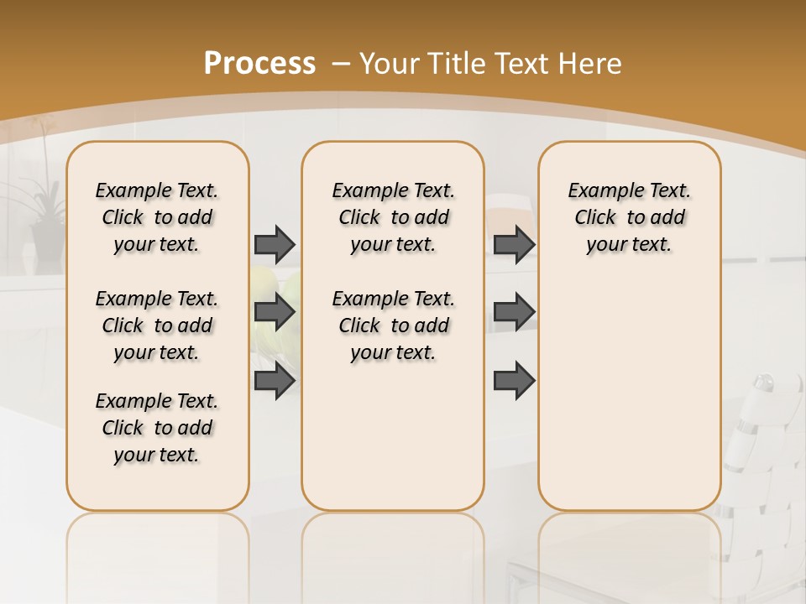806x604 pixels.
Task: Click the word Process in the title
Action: [x=259, y=63]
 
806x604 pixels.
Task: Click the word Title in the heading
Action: [x=458, y=63]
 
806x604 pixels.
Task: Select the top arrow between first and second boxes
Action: [x=275, y=244]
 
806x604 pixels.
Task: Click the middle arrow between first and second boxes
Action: [x=275, y=312]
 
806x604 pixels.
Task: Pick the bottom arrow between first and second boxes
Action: [x=275, y=380]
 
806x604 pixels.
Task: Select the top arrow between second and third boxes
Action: [x=514, y=244]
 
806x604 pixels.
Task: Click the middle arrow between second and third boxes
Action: [x=514, y=312]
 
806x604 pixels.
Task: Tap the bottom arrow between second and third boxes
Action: [x=514, y=380]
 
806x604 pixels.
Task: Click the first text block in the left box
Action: [x=157, y=217]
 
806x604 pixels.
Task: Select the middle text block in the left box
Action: [x=157, y=325]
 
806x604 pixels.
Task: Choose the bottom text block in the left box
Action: [x=157, y=428]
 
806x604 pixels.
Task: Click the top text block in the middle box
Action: [x=393, y=217]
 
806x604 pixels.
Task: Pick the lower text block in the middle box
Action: [x=393, y=325]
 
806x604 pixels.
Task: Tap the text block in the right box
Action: [x=629, y=217]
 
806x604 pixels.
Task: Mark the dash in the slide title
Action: [x=341, y=64]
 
